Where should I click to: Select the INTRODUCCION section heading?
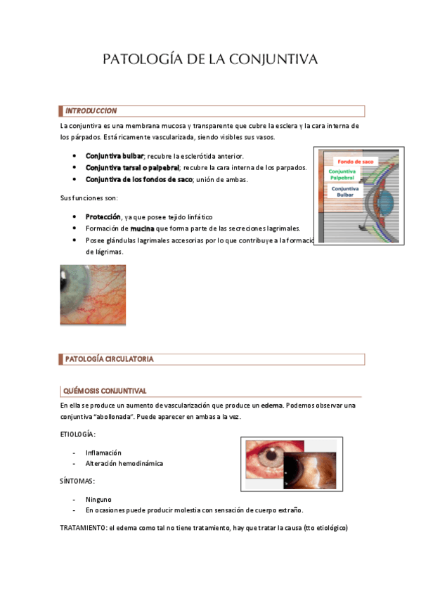(91, 111)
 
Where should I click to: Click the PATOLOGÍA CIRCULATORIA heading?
(109, 359)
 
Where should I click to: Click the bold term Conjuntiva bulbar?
(115, 155)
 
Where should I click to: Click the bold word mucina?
(143, 228)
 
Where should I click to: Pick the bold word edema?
(271, 406)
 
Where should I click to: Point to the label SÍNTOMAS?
(77, 481)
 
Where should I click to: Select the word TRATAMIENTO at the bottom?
(82, 528)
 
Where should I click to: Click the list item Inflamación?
(103, 453)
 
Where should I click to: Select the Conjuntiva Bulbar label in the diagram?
(345, 192)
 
